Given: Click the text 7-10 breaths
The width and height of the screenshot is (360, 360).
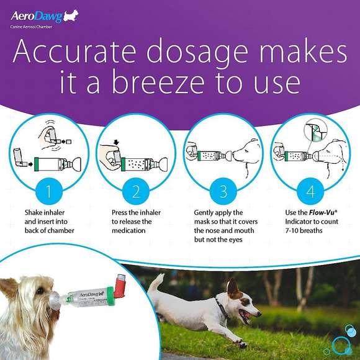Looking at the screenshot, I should pos(297,230).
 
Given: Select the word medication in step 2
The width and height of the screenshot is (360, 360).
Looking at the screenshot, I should pos(130,230).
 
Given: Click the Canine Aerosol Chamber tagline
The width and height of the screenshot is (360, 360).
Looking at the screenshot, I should pos(31,28).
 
